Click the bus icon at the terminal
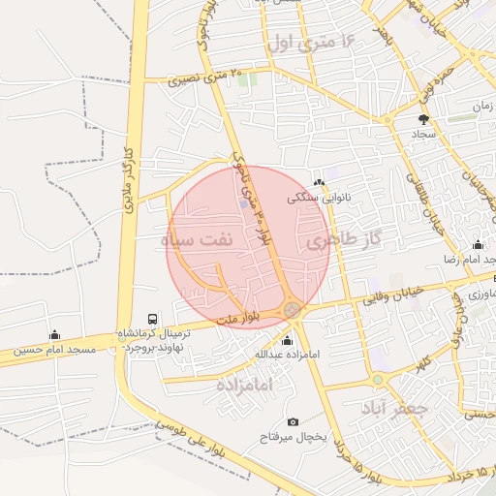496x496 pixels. point(152,319)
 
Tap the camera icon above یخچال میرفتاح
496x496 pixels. point(294,421)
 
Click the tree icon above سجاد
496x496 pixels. point(422,119)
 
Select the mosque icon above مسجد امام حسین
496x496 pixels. point(54,334)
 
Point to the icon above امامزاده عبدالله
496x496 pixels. point(287,340)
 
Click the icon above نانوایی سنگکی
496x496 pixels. point(319,181)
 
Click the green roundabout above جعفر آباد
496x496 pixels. point(377,379)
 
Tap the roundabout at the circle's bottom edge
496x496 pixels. point(291,310)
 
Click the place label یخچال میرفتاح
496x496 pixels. point(294,438)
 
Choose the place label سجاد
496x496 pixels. point(423,134)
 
